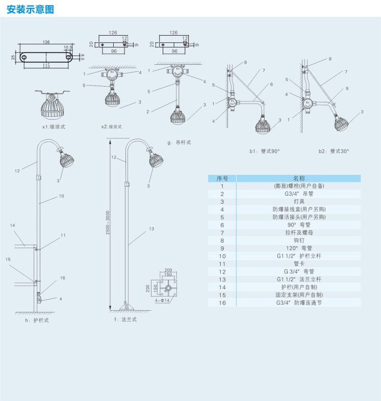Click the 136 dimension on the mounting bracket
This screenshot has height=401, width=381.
coord(46,42)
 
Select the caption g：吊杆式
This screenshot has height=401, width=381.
coord(179,143)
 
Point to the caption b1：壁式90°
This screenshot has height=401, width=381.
coord(265,151)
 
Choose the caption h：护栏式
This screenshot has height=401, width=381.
coord(36,320)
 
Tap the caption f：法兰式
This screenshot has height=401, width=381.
coord(125,319)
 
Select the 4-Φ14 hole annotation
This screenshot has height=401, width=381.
coord(162,301)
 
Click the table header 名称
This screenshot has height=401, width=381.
coord(298,178)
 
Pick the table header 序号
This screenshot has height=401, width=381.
coord(222,178)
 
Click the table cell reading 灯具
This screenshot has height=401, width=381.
coord(298,202)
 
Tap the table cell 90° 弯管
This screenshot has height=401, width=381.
coord(298,225)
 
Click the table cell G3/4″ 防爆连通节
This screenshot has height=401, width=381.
coord(298,303)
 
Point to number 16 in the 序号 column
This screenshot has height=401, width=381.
coord(222,303)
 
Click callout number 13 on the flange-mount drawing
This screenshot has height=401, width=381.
coord(151,229)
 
